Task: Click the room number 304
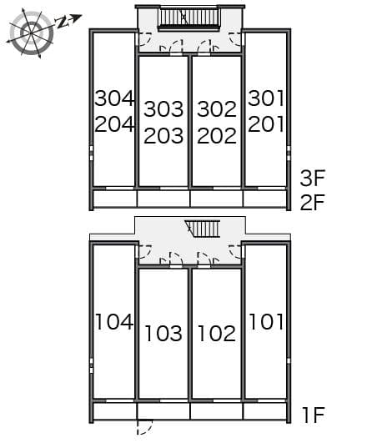tap(114, 98)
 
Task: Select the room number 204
tap(114, 124)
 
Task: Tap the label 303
tap(163, 109)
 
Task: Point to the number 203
tap(163, 135)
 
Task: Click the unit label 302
tap(217, 109)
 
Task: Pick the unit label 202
tap(217, 135)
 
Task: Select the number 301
tap(266, 98)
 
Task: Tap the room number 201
tap(266, 124)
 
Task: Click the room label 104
tap(114, 321)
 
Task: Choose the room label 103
tap(163, 333)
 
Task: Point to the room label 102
tap(217, 333)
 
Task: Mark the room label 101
tap(266, 321)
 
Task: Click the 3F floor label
tap(312, 178)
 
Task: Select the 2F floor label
tap(312, 202)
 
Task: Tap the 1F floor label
tap(314, 415)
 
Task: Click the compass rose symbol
tap(31, 33)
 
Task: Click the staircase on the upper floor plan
tap(188, 18)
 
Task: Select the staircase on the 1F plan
tap(203, 229)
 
